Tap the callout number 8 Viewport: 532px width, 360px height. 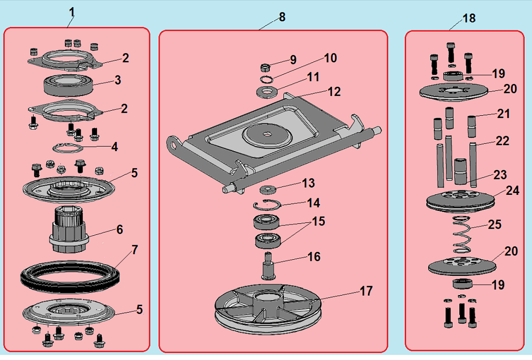pyautogui.click(x=282, y=17)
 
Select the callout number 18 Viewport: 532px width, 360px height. pyautogui.click(x=469, y=18)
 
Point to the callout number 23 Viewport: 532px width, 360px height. pyautogui.click(x=500, y=175)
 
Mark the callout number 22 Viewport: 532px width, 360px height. pyautogui.click(x=502, y=141)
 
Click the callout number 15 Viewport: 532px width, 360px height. pyautogui.click(x=318, y=221)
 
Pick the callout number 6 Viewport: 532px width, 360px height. pyautogui.click(x=119, y=229)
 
